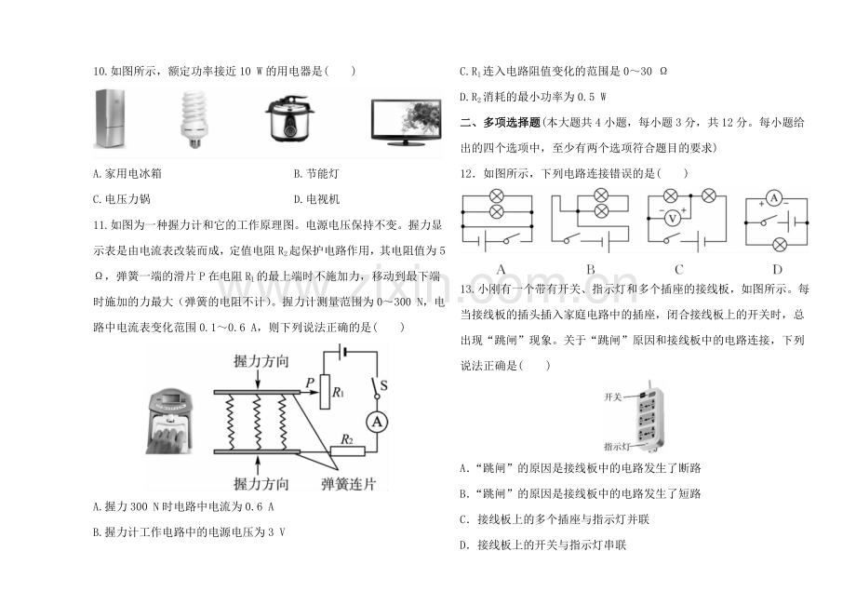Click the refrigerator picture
tap(111, 119)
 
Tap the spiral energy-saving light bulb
tap(194, 119)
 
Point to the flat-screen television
tap(407, 122)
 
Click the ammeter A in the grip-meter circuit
tap(377, 422)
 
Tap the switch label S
tap(383, 385)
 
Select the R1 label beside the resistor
tap(338, 392)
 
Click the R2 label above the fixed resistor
tap(347, 439)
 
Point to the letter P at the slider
tap(310, 383)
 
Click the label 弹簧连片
tap(348, 484)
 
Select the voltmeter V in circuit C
tap(672, 219)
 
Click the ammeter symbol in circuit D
tap(773, 198)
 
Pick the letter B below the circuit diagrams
tap(590, 269)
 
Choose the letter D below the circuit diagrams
tap(777, 269)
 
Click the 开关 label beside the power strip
tap(612, 397)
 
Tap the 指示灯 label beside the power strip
tap(617, 447)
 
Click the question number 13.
tap(467, 289)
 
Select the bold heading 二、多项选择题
tap(500, 123)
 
